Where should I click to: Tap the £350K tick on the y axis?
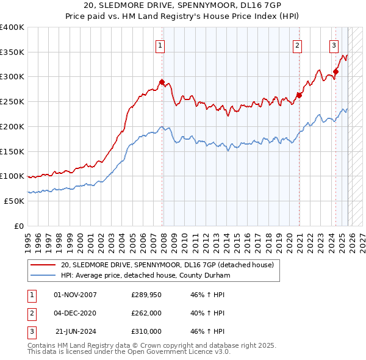tap(12, 52)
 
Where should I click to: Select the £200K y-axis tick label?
tap(12, 126)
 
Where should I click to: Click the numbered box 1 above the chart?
tap(160, 45)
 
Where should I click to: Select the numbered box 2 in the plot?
tap(297, 45)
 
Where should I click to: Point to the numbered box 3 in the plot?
tap(334, 45)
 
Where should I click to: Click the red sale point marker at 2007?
tap(162, 82)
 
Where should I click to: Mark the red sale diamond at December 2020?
tap(300, 95)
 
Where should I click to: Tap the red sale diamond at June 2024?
tap(336, 71)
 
